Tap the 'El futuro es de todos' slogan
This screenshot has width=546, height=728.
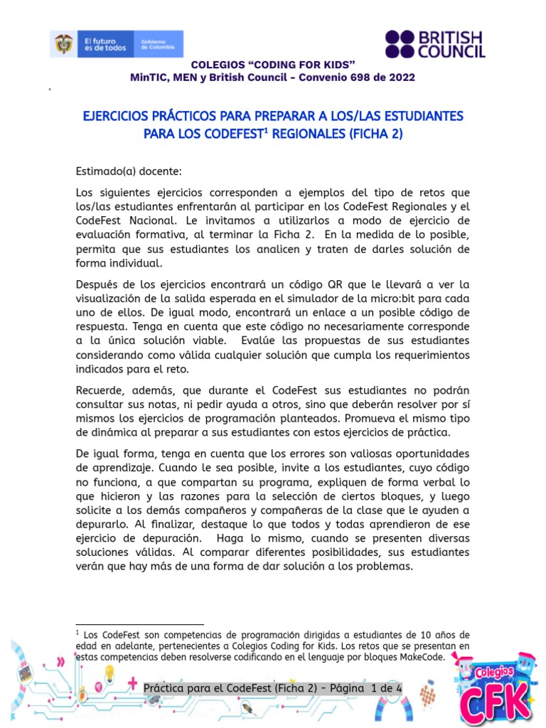click(105, 44)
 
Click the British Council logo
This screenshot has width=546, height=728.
click(435, 44)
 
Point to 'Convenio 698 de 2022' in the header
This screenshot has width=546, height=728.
click(363, 77)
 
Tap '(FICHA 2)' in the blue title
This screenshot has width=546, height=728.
click(375, 134)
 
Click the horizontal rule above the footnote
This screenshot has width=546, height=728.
click(139, 623)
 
